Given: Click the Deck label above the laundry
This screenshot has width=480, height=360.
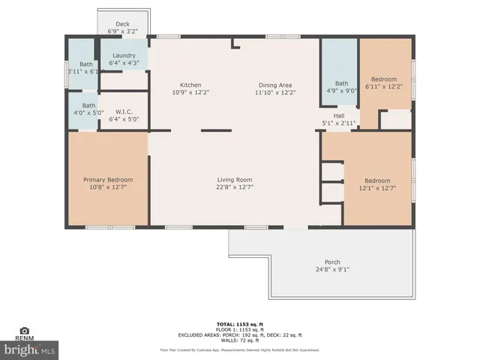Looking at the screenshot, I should (122, 24).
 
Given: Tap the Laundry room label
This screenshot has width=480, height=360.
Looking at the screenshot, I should (124, 55).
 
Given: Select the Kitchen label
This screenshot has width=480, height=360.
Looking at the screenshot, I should (191, 85).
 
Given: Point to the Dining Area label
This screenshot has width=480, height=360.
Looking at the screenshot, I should (275, 85).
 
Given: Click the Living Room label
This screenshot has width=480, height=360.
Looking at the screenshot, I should (235, 180).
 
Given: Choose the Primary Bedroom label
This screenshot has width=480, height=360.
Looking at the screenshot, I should (108, 180).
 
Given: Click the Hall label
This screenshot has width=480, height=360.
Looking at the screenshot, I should (339, 115).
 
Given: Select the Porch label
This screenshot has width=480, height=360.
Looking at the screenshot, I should (332, 262).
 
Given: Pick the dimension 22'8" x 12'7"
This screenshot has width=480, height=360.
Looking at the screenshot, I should (235, 188).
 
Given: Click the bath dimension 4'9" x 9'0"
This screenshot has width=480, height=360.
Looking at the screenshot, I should (342, 91).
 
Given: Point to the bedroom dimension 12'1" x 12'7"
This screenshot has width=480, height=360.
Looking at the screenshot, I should (377, 188).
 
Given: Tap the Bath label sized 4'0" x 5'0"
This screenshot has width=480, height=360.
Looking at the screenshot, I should (88, 106).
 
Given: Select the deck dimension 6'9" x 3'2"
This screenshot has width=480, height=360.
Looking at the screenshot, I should (122, 32).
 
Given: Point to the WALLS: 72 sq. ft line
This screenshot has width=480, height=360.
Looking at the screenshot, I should (240, 340).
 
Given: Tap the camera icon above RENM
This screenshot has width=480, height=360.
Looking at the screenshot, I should (24, 330).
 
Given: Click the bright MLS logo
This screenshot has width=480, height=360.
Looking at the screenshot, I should (30, 349).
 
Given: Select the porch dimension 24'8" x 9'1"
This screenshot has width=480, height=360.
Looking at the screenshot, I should (332, 270).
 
